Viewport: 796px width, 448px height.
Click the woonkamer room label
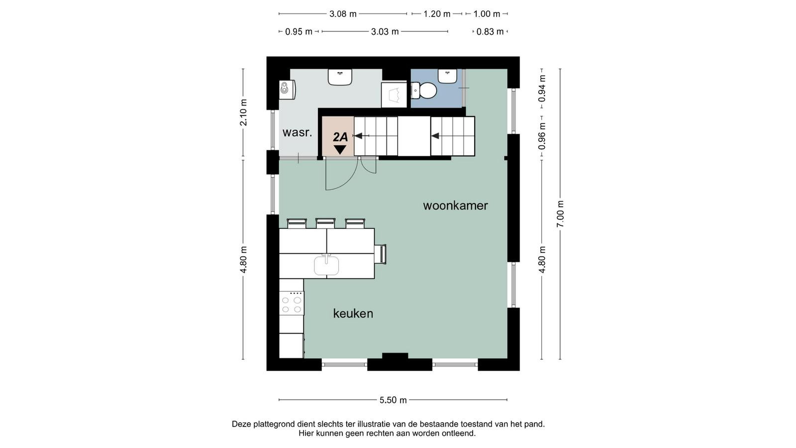pos(455,206)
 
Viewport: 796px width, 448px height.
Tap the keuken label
pos(353,314)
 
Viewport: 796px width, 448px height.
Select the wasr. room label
pos(297,132)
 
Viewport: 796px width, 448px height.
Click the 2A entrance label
pos(340,137)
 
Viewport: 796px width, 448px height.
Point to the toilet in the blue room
pos(423,91)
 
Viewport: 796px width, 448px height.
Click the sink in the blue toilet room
pos(447,76)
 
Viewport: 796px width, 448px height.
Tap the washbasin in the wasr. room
pos(340,77)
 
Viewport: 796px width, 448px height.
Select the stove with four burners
pos(292,303)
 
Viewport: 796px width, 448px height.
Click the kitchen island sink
pos(326,265)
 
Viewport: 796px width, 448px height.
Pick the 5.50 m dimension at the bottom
pos(393,400)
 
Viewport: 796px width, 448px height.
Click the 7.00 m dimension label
pos(560,214)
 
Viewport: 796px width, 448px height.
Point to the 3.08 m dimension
pos(343,14)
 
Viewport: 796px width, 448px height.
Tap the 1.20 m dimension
pos(437,14)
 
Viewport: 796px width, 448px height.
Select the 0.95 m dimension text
pos(298,32)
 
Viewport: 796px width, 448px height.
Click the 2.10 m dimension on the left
pos(243,112)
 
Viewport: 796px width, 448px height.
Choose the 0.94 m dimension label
pos(542,88)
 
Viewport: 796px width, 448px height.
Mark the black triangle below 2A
pos(340,149)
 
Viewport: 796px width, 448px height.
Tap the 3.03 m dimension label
pos(385,32)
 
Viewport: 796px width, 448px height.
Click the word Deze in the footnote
pos(241,424)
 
